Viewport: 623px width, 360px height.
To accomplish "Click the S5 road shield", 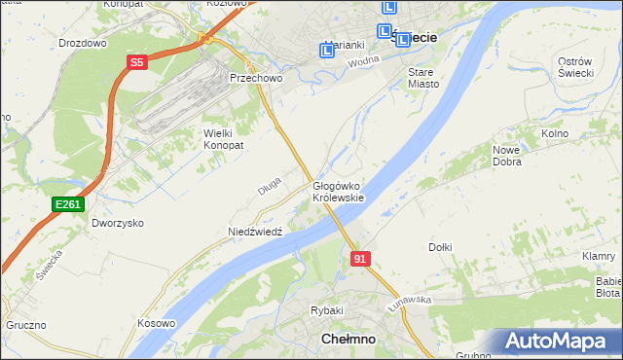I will point(136,62).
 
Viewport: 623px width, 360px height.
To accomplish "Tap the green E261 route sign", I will point(68,203).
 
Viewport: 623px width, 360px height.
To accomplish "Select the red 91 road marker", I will point(360,258).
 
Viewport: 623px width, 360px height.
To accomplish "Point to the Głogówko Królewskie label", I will point(338,191).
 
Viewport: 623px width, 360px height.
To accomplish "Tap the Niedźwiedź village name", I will point(254,232).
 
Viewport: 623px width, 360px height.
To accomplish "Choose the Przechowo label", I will point(254,78).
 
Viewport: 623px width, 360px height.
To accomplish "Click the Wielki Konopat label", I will point(223,138).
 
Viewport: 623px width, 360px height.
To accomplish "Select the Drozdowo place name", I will point(82,43).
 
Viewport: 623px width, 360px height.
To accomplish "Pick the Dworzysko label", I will point(118,223).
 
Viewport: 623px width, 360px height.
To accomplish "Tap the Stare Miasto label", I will point(423,78).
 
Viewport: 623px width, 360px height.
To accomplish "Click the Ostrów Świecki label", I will point(575,68).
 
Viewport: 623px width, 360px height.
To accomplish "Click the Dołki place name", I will point(439,247).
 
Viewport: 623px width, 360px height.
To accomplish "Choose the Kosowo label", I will point(156,323).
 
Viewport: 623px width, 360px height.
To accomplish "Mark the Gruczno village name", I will point(25,325).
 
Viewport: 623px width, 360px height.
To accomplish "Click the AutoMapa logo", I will point(559,342).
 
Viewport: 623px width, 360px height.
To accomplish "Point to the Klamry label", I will point(598,256).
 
